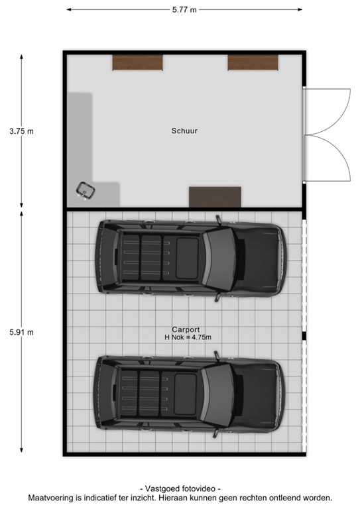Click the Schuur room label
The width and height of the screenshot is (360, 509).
tap(184, 131)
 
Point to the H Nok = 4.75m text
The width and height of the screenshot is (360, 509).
tap(188, 337)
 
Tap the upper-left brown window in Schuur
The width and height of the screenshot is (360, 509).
tap(137, 62)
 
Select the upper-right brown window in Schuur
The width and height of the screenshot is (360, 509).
tap(253, 62)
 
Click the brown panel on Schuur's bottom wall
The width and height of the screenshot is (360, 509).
tap(215, 197)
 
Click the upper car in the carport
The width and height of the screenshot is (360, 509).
tap(190, 260)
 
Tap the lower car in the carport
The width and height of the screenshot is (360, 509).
tap(190, 396)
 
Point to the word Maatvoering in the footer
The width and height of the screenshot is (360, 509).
tap(51, 498)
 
